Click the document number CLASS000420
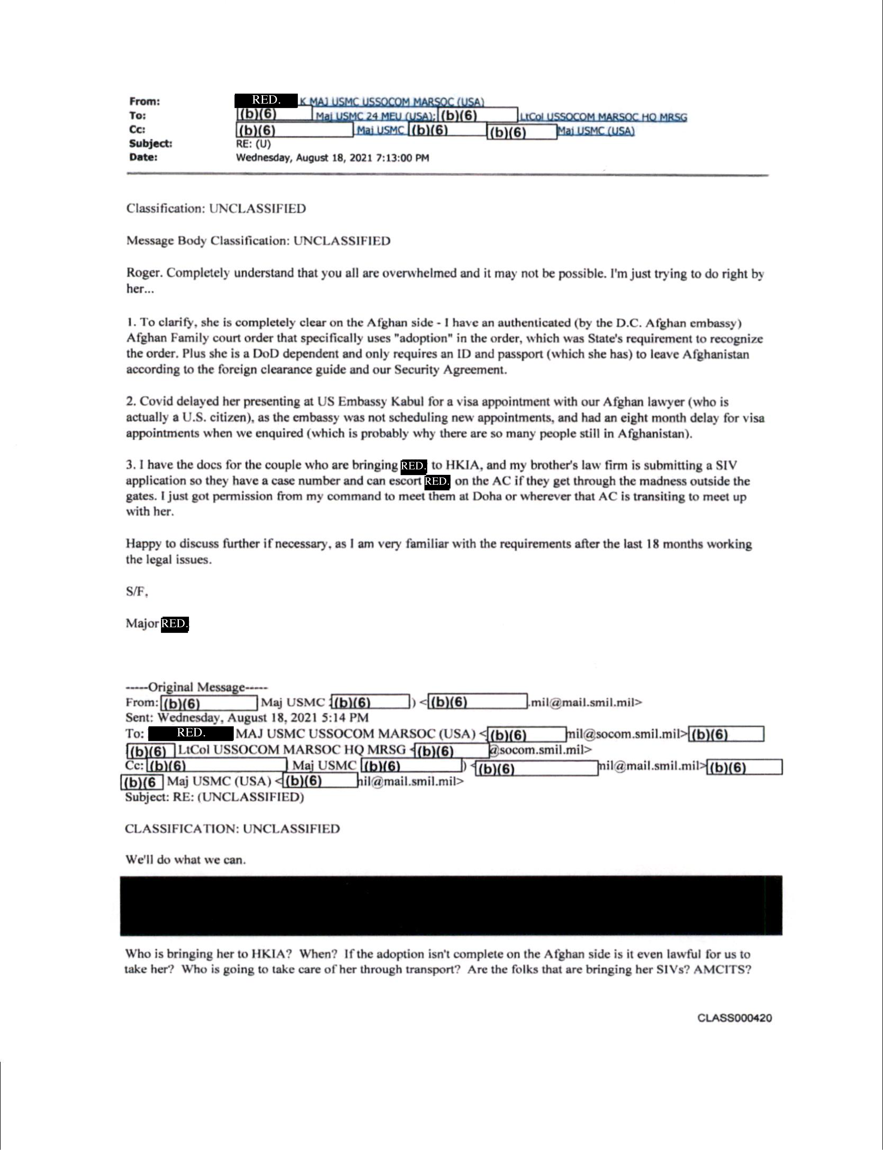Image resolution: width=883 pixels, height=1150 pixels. [x=734, y=1018]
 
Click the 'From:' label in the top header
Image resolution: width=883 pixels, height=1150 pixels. [x=144, y=101]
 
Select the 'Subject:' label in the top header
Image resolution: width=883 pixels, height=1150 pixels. [x=150, y=143]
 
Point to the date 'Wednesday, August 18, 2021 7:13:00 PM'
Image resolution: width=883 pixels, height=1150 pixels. [x=332, y=158]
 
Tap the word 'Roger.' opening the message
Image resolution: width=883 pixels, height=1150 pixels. [x=144, y=273]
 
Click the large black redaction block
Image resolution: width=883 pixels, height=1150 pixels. [x=451, y=905]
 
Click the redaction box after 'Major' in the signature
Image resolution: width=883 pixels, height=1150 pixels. [x=174, y=624]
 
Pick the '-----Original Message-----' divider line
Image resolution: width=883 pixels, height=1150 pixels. [x=197, y=687]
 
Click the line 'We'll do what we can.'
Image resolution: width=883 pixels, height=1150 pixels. [x=185, y=860]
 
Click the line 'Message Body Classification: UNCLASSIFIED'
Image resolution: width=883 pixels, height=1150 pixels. [x=258, y=241]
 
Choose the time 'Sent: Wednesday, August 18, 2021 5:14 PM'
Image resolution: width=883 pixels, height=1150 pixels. [x=247, y=718]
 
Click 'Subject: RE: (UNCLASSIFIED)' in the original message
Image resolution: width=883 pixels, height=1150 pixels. [x=214, y=797]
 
